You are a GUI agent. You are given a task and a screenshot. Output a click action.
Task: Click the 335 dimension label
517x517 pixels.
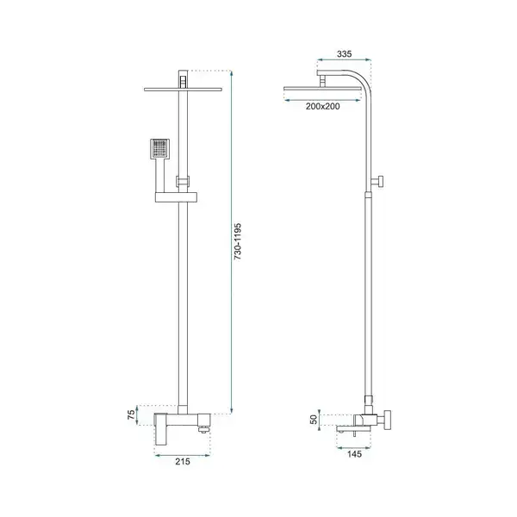click(x=344, y=53)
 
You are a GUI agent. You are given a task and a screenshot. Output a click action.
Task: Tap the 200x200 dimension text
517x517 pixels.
click(x=322, y=106)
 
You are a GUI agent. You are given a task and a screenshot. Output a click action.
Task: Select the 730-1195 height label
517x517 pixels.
click(x=238, y=241)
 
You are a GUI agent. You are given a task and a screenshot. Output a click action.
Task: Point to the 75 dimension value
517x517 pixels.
click(x=131, y=414)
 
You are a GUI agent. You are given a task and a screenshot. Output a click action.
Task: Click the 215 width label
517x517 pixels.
click(x=183, y=461)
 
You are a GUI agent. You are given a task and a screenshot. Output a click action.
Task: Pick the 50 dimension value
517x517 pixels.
click(x=314, y=419)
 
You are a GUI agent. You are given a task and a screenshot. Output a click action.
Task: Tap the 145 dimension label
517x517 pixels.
click(x=354, y=454)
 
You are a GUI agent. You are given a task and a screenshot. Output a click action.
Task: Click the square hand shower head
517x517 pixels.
click(x=160, y=149)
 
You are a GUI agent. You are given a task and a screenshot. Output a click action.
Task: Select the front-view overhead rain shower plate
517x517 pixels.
click(x=183, y=89)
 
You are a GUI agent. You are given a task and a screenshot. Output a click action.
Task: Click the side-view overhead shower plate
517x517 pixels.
click(x=322, y=90)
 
